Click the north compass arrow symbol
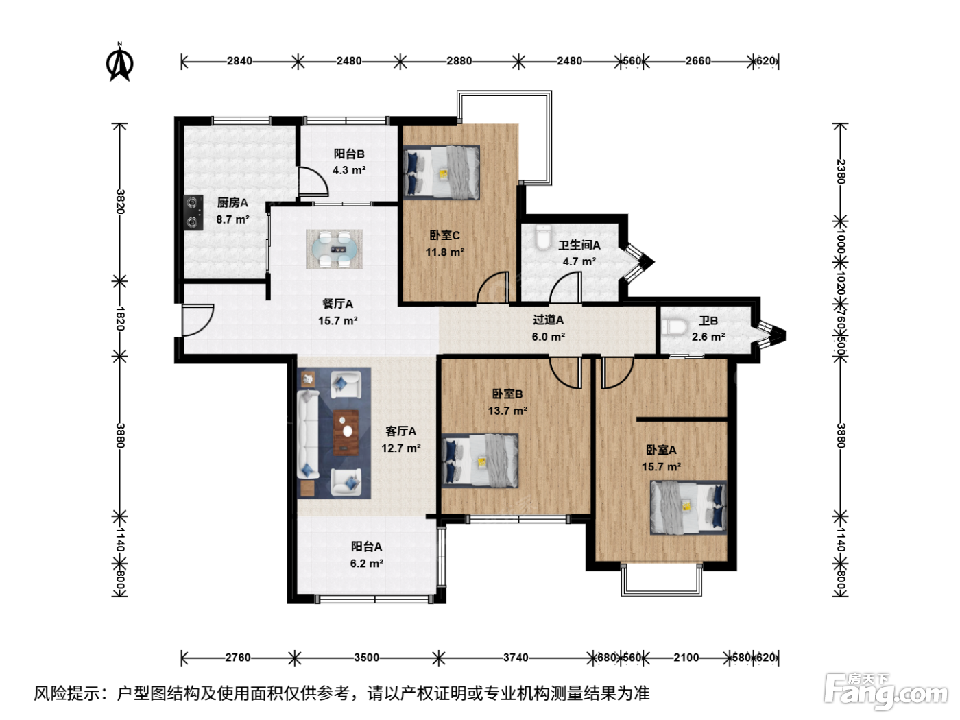click(x=119, y=62)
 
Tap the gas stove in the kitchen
click(x=193, y=213)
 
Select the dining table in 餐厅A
click(x=334, y=249)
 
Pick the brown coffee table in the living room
click(x=346, y=433)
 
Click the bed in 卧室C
click(x=442, y=173)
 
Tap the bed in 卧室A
click(x=688, y=507)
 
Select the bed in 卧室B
click(x=480, y=460)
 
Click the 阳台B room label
click(x=349, y=154)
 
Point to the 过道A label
click(x=548, y=320)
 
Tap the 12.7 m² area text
click(x=401, y=448)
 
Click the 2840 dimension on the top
click(x=239, y=61)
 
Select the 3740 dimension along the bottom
click(x=516, y=658)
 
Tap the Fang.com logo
click(x=886, y=691)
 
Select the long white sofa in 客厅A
click(x=308, y=434)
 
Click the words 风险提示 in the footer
click(x=67, y=693)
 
